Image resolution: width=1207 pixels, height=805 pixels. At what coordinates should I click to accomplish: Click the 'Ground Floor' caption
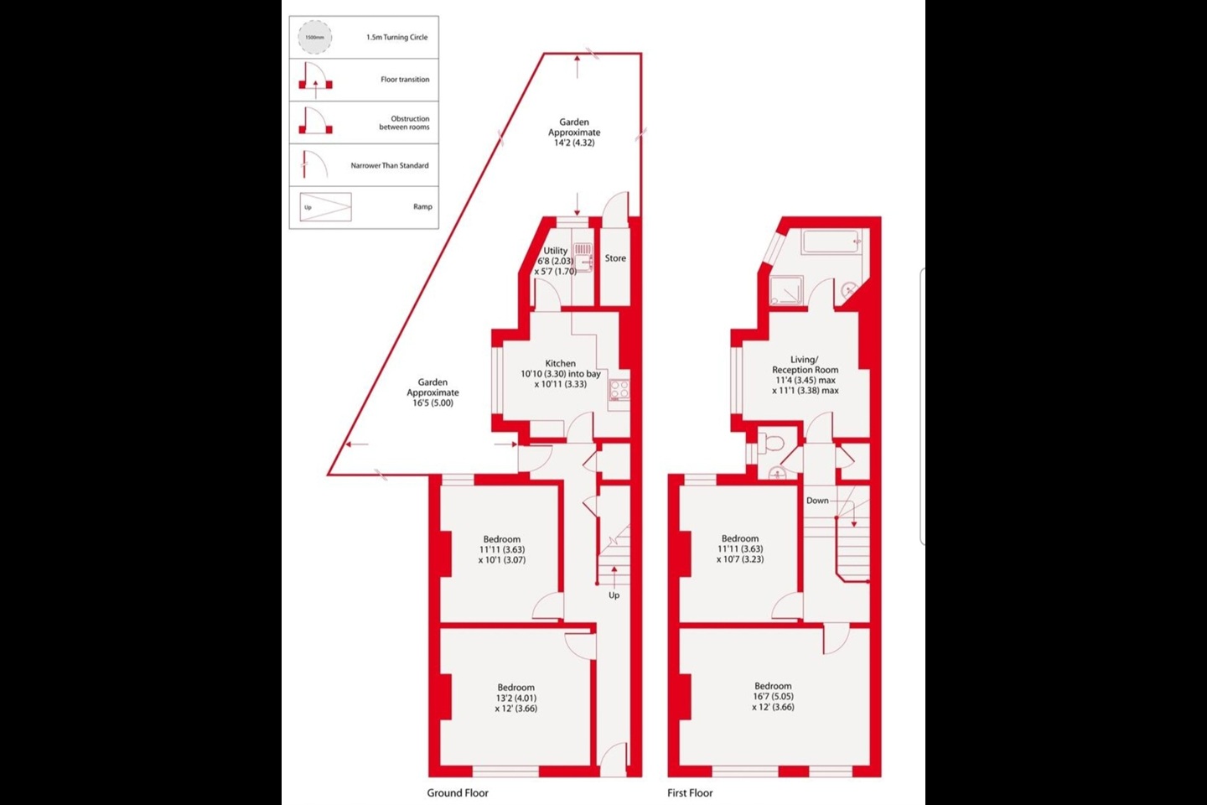pos(457,792)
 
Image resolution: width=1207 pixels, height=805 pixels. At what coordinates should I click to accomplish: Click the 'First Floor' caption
pos(690,792)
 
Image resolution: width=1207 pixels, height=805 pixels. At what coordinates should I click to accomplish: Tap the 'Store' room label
pos(615,258)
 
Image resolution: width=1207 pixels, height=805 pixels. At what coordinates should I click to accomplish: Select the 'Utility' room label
pos(555,251)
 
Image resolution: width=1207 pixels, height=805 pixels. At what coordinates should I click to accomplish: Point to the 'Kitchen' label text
pos(560,363)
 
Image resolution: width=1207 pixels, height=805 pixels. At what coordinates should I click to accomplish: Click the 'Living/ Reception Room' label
pos(805,365)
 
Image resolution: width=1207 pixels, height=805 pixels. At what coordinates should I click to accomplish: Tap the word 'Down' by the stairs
pos(817,501)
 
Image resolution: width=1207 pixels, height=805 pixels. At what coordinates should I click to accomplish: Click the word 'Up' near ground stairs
pos(614,595)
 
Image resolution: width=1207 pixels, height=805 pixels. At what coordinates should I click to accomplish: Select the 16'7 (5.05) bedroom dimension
pos(773,696)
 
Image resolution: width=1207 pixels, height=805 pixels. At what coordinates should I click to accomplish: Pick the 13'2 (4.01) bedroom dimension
pos(515,698)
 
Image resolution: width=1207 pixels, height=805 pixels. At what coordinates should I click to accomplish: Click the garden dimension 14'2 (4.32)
pos(574,143)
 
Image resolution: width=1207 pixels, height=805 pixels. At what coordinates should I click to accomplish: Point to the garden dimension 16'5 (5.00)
pos(433,402)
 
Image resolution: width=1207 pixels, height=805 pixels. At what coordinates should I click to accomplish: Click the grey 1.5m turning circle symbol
pos(314,37)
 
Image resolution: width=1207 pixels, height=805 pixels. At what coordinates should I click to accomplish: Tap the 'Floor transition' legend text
pos(405,80)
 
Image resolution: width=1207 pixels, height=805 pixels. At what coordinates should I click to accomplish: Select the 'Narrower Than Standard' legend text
pos(389,165)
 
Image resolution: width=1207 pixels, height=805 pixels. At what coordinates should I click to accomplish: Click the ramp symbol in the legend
pos(325,207)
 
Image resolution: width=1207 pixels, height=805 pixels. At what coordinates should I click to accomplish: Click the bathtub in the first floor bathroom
pos(830,242)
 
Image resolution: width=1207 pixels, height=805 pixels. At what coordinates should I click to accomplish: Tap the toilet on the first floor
pos(771,444)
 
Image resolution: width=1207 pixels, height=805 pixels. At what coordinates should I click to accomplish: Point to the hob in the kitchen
pos(619,388)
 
